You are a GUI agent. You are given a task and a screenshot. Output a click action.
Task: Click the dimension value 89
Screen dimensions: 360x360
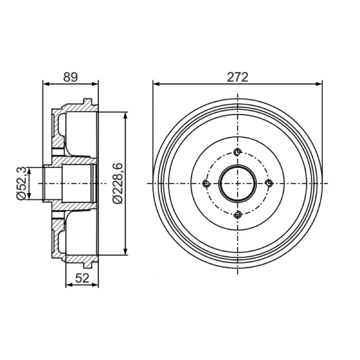click(71, 77)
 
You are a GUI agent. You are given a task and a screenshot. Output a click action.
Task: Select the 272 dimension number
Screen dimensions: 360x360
click(238, 77)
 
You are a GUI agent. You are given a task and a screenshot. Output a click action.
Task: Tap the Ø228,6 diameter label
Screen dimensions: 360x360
click(118, 184)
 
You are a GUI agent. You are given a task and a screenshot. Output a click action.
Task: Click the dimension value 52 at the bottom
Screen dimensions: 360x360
click(82, 278)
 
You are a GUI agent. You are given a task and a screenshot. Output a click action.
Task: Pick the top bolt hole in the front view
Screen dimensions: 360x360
click(238, 152)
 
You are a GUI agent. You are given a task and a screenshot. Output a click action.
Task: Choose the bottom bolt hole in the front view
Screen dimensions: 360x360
click(238, 215)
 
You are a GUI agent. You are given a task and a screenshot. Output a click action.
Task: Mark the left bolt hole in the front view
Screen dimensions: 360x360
click(206, 183)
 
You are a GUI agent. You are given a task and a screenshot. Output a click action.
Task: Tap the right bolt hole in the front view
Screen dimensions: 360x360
click(269, 183)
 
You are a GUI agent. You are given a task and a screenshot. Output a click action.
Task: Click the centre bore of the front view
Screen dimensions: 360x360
click(238, 183)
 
